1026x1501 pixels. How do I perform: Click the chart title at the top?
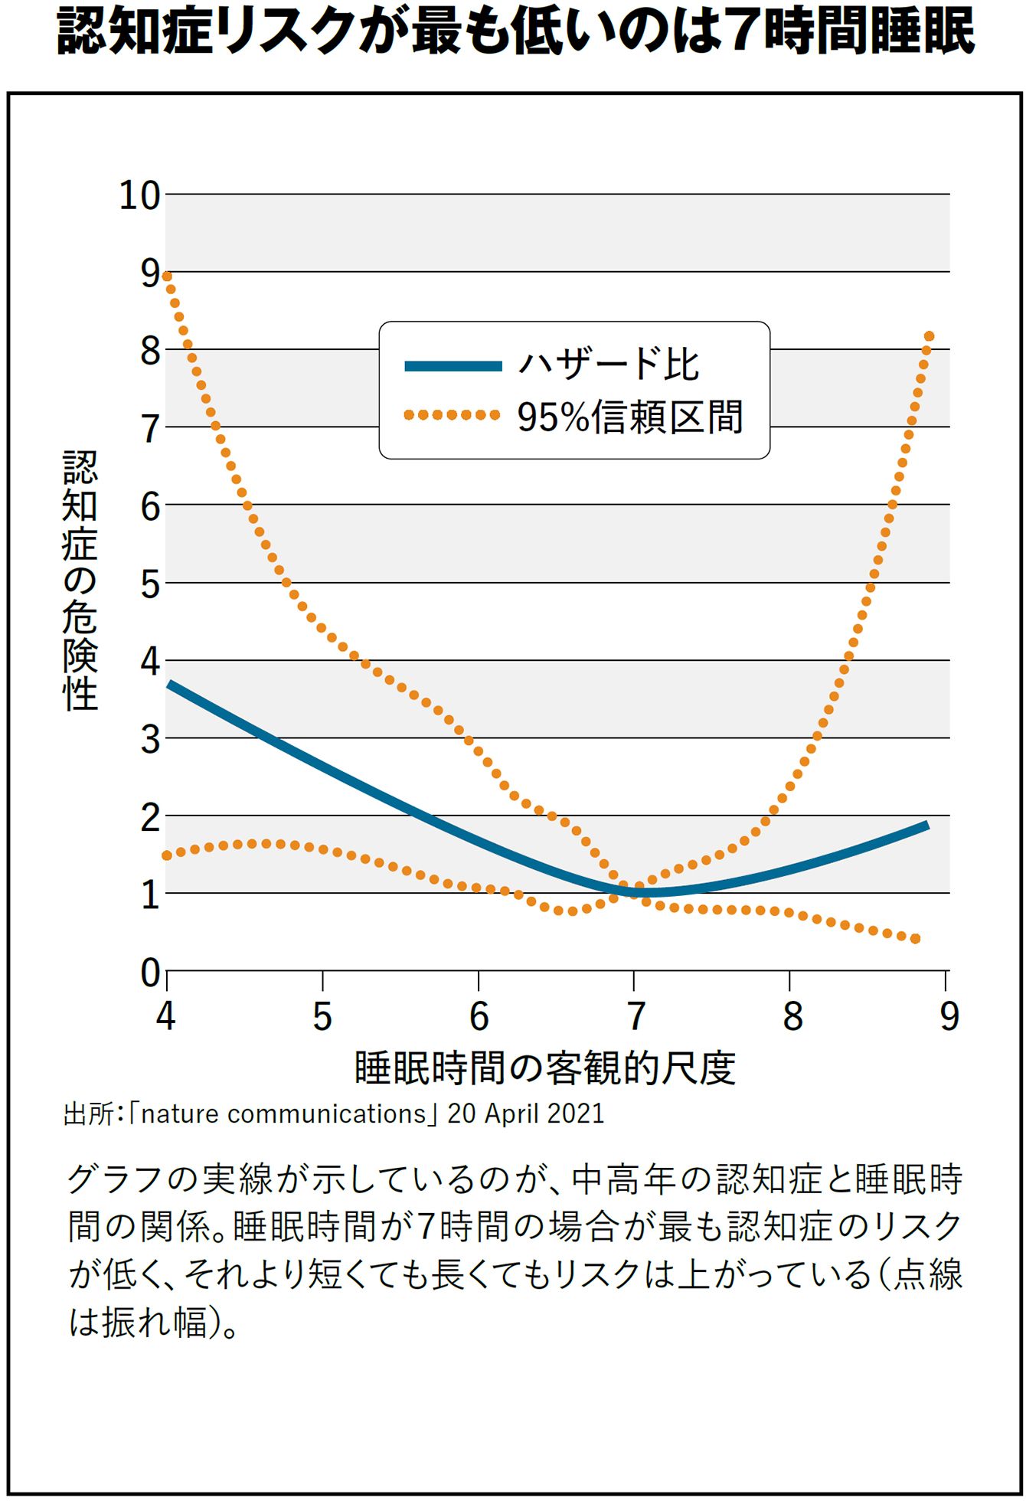click(x=515, y=32)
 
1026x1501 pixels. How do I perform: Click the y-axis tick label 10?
click(x=139, y=196)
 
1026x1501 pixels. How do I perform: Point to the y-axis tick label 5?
click(x=150, y=585)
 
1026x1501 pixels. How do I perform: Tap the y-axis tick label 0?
click(x=150, y=973)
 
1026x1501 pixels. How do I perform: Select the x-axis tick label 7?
click(x=635, y=1016)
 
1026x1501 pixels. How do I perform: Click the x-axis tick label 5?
click(x=322, y=1016)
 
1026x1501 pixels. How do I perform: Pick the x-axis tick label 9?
click(x=949, y=1016)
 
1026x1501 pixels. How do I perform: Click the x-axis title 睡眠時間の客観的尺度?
click(x=544, y=1068)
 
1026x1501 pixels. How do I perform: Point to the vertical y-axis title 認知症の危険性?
click(x=80, y=580)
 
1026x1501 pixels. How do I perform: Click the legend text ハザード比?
click(x=609, y=365)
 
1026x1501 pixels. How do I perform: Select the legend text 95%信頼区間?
click(x=629, y=417)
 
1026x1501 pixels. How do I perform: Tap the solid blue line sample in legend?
click(x=453, y=366)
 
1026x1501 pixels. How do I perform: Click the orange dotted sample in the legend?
click(x=452, y=415)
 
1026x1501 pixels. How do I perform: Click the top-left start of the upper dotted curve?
click(x=167, y=276)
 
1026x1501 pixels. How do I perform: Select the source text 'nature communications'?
click(x=283, y=1113)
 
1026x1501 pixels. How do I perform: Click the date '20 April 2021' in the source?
click(x=526, y=1113)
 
